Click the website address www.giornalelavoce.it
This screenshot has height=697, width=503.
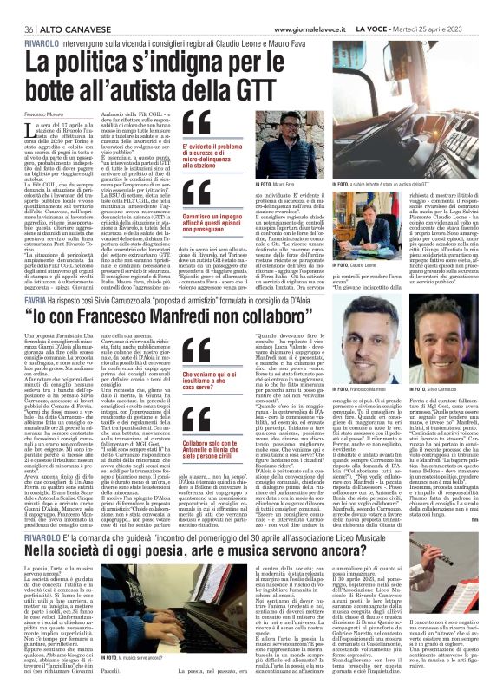289,7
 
